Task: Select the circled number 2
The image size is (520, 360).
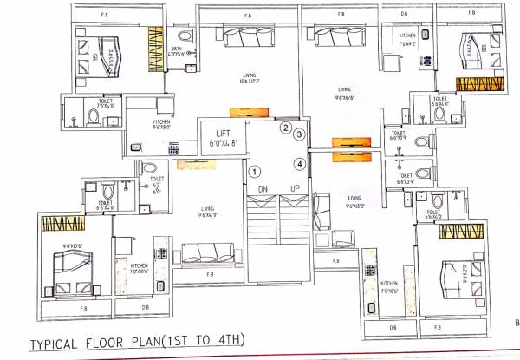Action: click(x=284, y=128)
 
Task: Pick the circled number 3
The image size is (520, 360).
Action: click(x=299, y=134)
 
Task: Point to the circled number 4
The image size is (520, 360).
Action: click(x=299, y=163)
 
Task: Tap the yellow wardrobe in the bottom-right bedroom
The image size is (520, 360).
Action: click(x=459, y=231)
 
